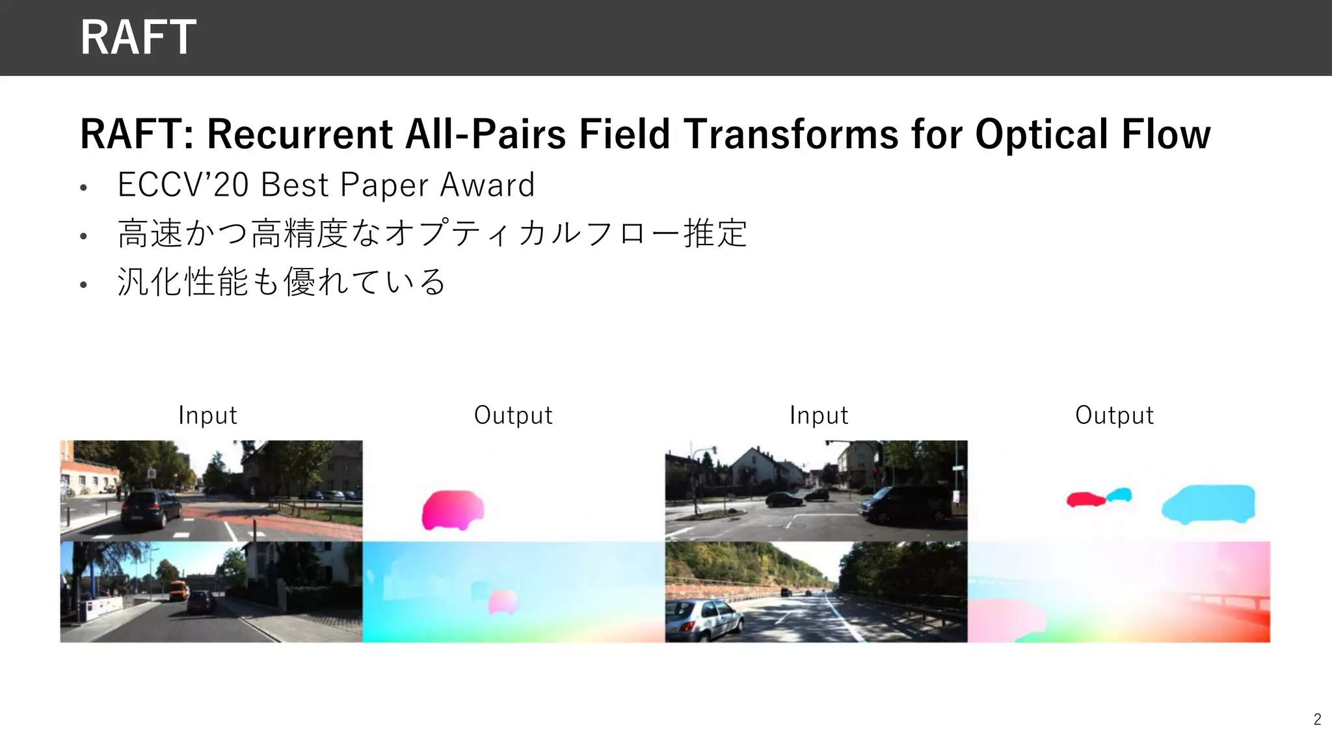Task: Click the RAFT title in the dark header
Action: point(138,37)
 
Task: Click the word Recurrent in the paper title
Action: point(299,134)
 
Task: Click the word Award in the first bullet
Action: point(487,185)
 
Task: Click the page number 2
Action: point(1317,719)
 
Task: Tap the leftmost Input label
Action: point(207,415)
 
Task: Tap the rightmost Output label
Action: point(1114,415)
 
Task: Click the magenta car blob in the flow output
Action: point(452,509)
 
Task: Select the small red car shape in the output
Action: point(1084,499)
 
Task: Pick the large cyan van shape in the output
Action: point(1208,504)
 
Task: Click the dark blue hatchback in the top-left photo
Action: point(151,508)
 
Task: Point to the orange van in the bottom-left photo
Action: point(179,590)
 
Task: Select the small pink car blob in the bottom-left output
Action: point(502,601)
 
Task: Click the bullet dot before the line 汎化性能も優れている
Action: point(83,284)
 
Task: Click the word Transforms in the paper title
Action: point(792,134)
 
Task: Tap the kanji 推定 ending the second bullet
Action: point(715,233)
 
